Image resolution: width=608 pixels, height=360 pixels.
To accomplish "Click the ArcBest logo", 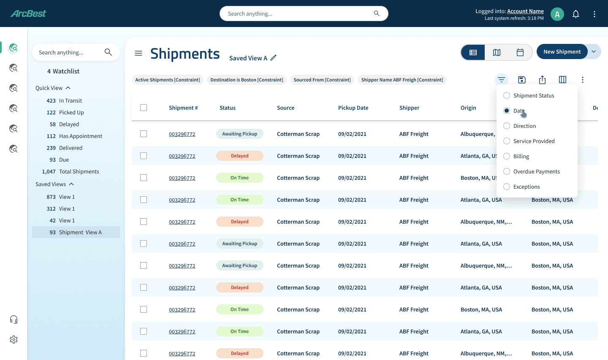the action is coord(29,13).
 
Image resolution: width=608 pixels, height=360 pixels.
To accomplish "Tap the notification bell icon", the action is coord(576,14).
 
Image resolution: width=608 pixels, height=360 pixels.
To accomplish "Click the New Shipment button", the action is coord(562,51).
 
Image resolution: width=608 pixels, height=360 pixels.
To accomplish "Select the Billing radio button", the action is coord(507,156).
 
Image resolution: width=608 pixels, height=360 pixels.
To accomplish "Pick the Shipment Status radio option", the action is coord(507,95).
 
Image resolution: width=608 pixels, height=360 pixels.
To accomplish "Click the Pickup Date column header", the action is coord(353,108).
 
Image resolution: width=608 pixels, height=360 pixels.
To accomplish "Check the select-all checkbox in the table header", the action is coord(144,108).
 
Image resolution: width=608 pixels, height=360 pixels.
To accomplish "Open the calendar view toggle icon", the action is coord(520,52).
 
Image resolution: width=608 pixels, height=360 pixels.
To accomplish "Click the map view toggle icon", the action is coord(497,52).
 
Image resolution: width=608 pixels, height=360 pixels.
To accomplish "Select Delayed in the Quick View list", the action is coord(69,124).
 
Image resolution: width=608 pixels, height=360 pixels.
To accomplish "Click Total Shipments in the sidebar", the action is coord(79,171).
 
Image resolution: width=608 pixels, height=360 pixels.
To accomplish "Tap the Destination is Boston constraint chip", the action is coord(247,80).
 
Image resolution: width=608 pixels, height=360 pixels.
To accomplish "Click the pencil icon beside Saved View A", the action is coord(273,58).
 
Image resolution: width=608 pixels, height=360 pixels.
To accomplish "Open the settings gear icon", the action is coord(14,339).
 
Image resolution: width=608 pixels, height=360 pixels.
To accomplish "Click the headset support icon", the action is coord(14,319).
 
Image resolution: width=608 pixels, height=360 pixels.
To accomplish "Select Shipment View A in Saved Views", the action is coord(76,232).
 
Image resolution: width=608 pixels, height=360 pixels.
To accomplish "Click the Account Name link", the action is coord(525,11).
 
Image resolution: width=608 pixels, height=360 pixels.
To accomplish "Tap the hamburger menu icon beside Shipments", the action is coord(138,53).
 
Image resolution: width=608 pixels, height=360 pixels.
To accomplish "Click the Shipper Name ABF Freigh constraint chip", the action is coord(402,80).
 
